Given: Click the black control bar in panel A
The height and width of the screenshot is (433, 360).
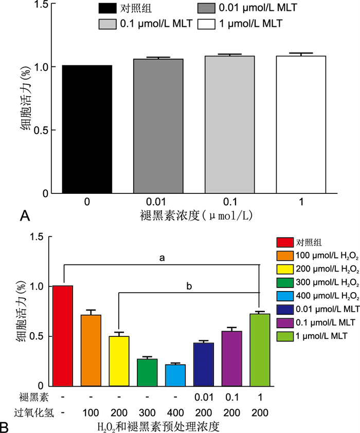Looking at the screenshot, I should (x=87, y=129).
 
